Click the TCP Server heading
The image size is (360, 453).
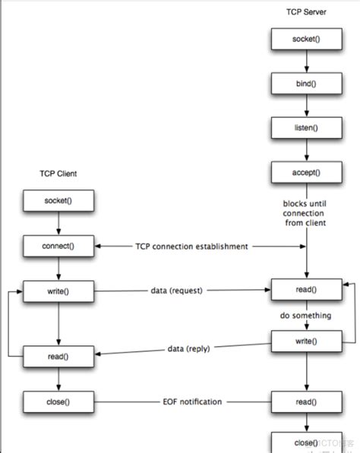click(306, 13)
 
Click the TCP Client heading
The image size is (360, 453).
click(58, 174)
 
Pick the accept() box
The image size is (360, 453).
click(306, 172)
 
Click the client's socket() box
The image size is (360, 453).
click(58, 202)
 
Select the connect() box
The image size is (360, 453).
click(58, 246)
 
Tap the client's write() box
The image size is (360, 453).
click(58, 290)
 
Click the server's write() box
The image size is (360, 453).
click(306, 341)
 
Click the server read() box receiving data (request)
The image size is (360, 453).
click(306, 290)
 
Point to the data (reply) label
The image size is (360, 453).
click(189, 348)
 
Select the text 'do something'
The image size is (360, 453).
click(306, 316)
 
